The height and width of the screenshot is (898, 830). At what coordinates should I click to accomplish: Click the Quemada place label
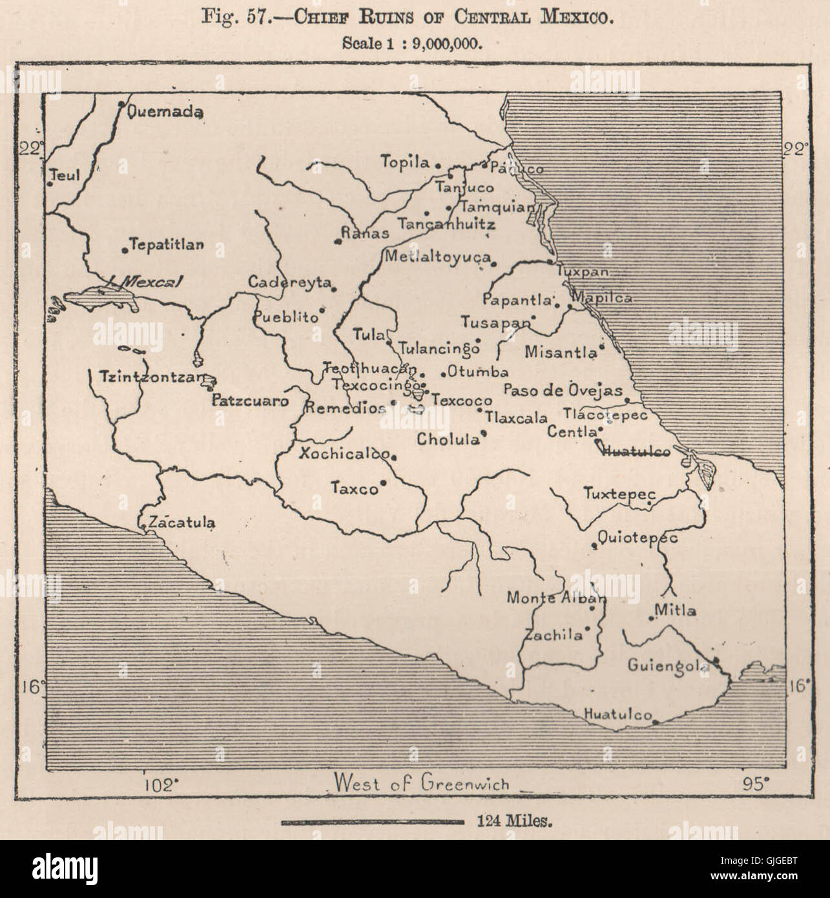pos(166,112)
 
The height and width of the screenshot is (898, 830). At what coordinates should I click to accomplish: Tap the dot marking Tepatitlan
pos(125,249)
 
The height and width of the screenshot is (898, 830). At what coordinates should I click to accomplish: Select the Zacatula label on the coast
pos(182,523)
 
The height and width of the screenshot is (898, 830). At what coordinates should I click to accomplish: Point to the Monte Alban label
pos(556,598)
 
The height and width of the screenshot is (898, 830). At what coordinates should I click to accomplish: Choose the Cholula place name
pos(448,440)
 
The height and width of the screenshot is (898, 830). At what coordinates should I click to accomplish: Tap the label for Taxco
pos(354,489)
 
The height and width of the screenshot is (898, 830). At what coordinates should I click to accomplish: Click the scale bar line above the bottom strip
pos(373,822)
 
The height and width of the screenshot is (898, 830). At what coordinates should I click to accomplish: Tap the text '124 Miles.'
pos(515,822)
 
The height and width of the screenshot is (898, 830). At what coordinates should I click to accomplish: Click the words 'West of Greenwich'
pos(421,783)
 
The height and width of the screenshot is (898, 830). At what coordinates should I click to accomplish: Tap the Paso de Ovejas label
pos(563,390)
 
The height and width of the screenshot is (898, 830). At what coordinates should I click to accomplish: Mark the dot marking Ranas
pos(337,242)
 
